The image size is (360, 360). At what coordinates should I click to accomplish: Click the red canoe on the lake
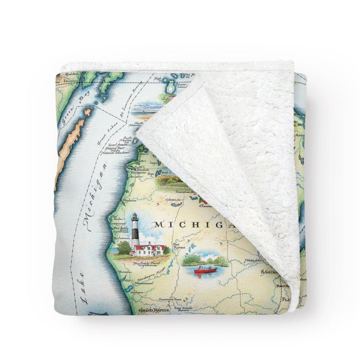(206, 270)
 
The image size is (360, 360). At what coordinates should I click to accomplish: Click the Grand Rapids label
(152, 310)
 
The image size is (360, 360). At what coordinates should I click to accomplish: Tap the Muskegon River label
(146, 278)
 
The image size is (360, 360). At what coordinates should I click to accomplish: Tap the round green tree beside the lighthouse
(124, 248)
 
